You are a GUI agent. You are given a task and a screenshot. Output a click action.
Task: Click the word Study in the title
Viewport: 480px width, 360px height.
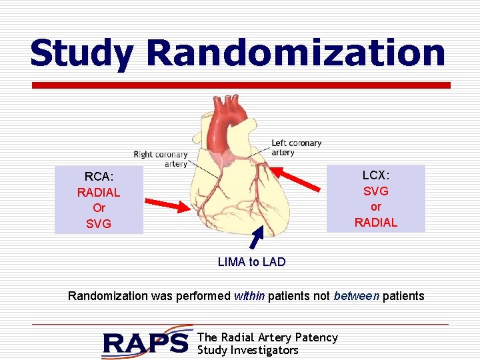click(83, 53)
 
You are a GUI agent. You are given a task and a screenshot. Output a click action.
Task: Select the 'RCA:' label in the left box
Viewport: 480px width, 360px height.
click(99, 177)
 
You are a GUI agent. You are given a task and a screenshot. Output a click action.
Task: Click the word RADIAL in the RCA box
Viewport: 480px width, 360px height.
click(99, 193)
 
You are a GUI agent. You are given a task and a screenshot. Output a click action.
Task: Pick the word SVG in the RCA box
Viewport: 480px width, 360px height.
click(99, 224)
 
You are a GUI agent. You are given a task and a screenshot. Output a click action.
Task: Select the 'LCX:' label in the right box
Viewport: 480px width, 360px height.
click(376, 175)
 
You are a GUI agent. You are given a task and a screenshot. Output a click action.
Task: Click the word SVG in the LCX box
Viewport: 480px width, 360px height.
click(376, 191)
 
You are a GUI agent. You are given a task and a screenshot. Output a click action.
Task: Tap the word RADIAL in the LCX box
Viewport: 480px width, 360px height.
click(376, 223)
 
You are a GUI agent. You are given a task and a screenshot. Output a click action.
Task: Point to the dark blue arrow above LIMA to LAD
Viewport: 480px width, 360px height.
click(258, 239)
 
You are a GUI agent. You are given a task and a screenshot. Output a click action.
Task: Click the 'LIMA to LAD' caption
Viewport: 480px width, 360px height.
click(251, 262)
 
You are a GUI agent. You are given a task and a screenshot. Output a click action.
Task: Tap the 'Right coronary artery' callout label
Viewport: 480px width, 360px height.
click(161, 159)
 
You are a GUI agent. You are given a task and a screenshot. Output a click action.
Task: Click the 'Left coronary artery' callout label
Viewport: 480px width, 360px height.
click(296, 147)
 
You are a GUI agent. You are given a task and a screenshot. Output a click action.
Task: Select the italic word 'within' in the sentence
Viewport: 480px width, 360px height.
click(249, 296)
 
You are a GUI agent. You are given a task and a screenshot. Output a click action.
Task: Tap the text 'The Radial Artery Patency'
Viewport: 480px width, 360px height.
click(268, 337)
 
